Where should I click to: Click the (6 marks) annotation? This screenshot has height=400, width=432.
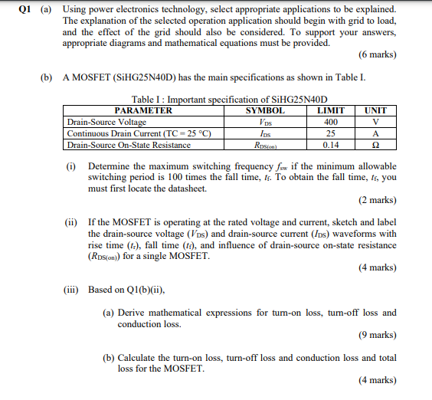(377, 55)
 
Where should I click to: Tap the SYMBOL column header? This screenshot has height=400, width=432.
(265, 110)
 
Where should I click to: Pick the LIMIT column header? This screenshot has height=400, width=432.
(331, 110)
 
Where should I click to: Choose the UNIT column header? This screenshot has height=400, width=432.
(375, 110)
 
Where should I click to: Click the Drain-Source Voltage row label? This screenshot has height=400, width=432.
(106, 122)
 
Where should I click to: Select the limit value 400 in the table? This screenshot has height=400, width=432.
(331, 122)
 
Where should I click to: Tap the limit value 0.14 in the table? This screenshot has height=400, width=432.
(331, 144)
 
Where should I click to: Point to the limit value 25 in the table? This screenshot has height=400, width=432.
(331, 133)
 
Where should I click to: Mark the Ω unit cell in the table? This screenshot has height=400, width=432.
(375, 144)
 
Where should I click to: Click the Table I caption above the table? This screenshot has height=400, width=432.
(230, 100)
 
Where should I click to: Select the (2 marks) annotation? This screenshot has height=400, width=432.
(377, 201)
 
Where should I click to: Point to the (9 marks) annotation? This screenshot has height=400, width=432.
(377, 335)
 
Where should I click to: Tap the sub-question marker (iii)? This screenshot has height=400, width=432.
(72, 290)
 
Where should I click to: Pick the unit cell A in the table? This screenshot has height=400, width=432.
(375, 133)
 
